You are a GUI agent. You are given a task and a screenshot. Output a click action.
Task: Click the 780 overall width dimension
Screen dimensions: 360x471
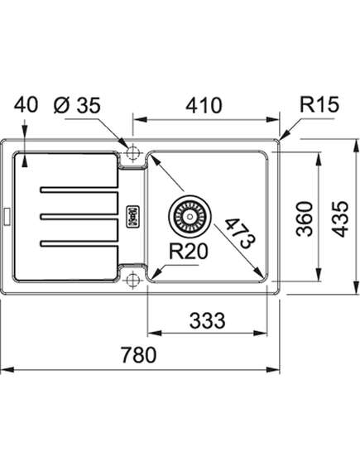[x=139, y=354]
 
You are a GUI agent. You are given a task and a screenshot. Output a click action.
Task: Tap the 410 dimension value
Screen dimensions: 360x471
[x=204, y=105]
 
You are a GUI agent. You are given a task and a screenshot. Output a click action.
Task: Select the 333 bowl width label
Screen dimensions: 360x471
[x=207, y=320]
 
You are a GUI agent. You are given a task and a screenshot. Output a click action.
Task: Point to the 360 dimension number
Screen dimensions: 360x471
[x=305, y=219]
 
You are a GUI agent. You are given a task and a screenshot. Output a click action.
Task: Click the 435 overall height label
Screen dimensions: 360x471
[x=340, y=219]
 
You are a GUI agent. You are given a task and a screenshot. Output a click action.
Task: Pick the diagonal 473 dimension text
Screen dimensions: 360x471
[x=241, y=233]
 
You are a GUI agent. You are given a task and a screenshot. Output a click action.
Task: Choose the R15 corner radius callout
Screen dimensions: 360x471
[x=319, y=104]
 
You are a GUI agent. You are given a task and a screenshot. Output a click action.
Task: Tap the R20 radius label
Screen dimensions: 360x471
[x=188, y=251]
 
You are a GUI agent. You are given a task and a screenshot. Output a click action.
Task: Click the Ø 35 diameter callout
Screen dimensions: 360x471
[x=77, y=105]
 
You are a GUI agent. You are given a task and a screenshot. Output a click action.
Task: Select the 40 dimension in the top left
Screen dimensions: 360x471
[x=26, y=105]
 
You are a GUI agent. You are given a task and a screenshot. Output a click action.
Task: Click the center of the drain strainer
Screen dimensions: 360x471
[x=190, y=216]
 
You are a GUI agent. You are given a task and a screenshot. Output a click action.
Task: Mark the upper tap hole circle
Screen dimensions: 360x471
[x=133, y=152]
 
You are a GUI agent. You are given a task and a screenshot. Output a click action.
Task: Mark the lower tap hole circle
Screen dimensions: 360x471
[x=133, y=281]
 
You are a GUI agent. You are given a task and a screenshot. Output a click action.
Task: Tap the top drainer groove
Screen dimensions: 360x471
[x=79, y=190]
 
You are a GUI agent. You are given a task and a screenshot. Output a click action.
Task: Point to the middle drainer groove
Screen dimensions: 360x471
[x=79, y=216]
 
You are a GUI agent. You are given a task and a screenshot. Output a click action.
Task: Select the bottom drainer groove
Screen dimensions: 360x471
[x=79, y=243]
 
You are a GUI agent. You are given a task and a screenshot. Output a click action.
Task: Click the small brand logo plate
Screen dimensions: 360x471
[x=133, y=216]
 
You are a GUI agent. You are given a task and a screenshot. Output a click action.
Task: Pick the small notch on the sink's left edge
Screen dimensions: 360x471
[x=7, y=217]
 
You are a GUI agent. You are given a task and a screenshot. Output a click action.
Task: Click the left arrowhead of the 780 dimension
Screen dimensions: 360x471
[x=7, y=370]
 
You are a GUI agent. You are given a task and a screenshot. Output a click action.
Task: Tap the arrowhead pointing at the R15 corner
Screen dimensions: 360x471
[x=284, y=136]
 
